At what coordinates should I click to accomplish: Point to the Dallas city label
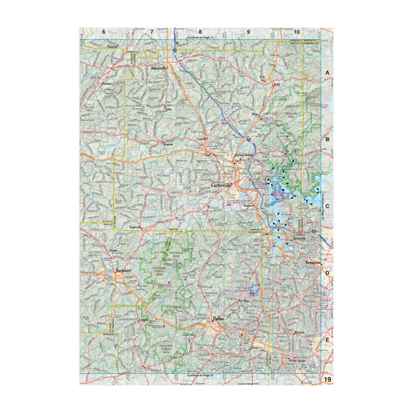219,319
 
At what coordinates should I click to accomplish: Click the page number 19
328,380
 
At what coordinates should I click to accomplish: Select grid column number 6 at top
103,32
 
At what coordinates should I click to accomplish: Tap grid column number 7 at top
151,32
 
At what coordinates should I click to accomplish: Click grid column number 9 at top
248,32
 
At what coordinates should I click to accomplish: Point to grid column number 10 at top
297,32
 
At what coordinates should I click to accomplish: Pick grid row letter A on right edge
328,72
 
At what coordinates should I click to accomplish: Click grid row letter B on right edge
328,139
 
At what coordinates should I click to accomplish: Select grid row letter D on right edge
328,273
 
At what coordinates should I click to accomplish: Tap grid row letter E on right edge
328,340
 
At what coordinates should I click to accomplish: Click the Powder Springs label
297,360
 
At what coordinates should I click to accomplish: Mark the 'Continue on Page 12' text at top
202,37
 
